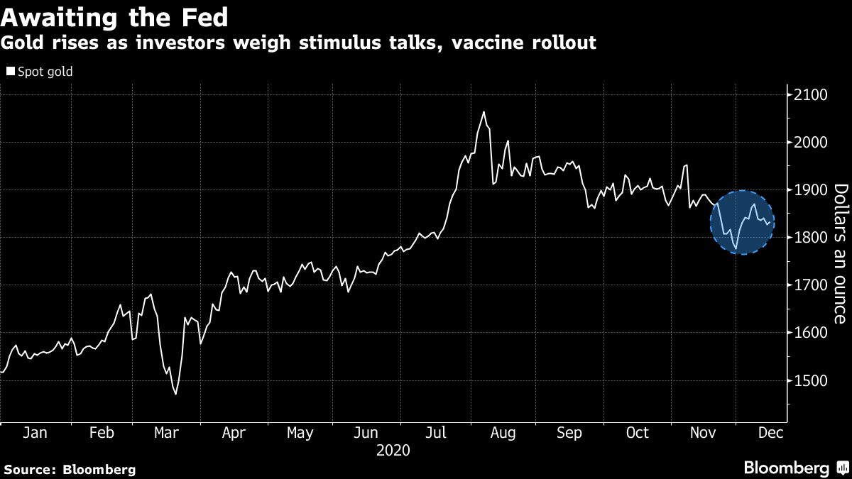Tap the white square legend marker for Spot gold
coord(10,72)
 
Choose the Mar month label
coord(167,433)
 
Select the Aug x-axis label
coord(503,433)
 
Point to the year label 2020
coord(394,450)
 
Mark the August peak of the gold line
coord(484,112)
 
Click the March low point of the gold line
coord(175,394)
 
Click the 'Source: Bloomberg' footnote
coord(69,469)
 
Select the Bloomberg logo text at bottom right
coord(786,468)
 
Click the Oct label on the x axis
coord(638,433)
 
